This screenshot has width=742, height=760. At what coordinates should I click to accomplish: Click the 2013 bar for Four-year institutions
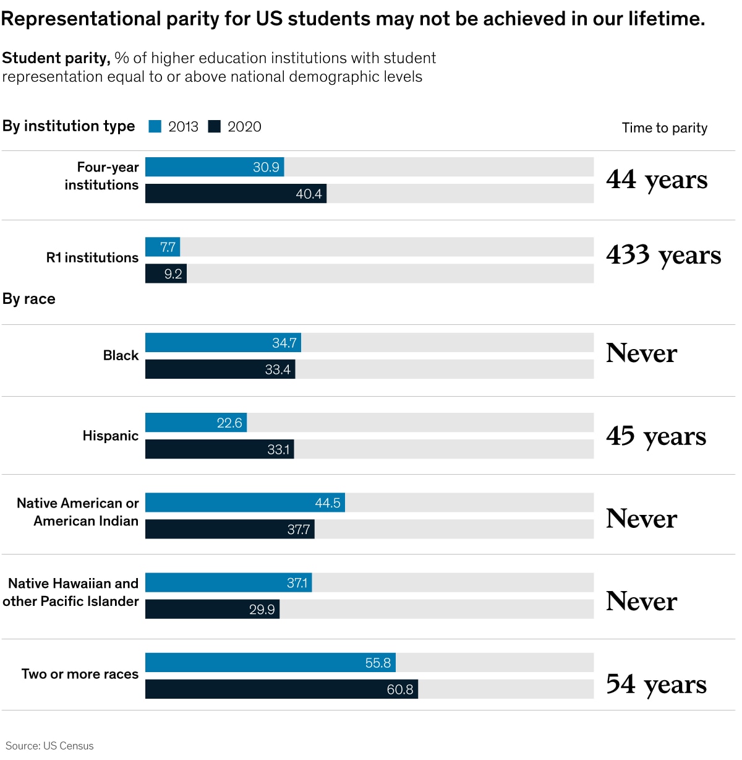pyautogui.click(x=215, y=167)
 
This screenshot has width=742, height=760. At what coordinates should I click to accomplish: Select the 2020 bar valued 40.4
pyautogui.click(x=236, y=194)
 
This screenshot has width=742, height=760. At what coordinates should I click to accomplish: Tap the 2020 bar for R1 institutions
pyautogui.click(x=166, y=274)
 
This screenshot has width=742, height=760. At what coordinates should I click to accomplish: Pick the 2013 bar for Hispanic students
pyautogui.click(x=196, y=423)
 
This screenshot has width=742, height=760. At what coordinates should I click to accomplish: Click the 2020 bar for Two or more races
pyautogui.click(x=281, y=689)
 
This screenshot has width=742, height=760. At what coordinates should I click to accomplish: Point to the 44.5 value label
pyautogui.click(x=328, y=503)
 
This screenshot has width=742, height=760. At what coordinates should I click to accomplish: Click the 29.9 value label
pyautogui.click(x=262, y=610)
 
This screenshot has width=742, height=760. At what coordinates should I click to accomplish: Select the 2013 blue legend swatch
pyautogui.click(x=155, y=127)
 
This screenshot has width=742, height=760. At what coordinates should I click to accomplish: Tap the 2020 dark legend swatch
pyautogui.click(x=214, y=127)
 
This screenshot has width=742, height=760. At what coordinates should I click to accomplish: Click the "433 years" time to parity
pyautogui.click(x=663, y=255)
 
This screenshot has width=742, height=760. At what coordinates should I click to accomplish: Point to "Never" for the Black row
pyautogui.click(x=642, y=353)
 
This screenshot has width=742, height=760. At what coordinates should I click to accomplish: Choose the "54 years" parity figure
pyautogui.click(x=656, y=684)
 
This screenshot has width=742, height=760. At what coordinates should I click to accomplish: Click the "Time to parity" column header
pyautogui.click(x=665, y=128)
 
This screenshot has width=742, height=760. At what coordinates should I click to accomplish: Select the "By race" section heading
pyautogui.click(x=29, y=299)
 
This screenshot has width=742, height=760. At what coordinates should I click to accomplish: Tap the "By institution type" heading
pyautogui.click(x=69, y=126)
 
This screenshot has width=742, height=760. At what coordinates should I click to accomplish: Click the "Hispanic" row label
pyautogui.click(x=111, y=436)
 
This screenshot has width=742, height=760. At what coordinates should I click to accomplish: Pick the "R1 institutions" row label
pyautogui.click(x=92, y=257)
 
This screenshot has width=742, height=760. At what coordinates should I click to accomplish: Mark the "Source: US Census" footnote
pyautogui.click(x=49, y=746)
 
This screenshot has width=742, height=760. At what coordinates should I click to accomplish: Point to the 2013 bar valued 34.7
pyautogui.click(x=223, y=343)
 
